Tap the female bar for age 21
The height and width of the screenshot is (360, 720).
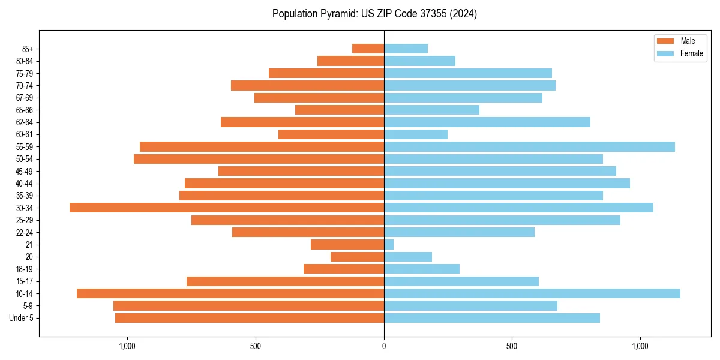[x=389, y=244]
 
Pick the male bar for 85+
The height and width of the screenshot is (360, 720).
[x=368, y=49]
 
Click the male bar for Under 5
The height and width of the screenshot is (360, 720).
[x=250, y=318]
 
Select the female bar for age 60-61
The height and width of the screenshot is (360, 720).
[x=416, y=134]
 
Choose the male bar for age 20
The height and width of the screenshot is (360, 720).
[x=357, y=257]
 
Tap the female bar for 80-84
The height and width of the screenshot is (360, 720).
[x=419, y=61]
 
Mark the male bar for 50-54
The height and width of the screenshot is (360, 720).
[x=259, y=159]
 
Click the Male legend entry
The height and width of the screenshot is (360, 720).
[x=688, y=41]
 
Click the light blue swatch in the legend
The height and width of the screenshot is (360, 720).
[x=666, y=53]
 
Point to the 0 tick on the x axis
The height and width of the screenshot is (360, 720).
[x=384, y=346]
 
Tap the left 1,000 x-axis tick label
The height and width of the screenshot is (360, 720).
[x=127, y=346]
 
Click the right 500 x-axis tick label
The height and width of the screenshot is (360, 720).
[x=512, y=346]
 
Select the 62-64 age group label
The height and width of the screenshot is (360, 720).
[x=25, y=122]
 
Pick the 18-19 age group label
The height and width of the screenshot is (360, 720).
[x=25, y=269]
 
